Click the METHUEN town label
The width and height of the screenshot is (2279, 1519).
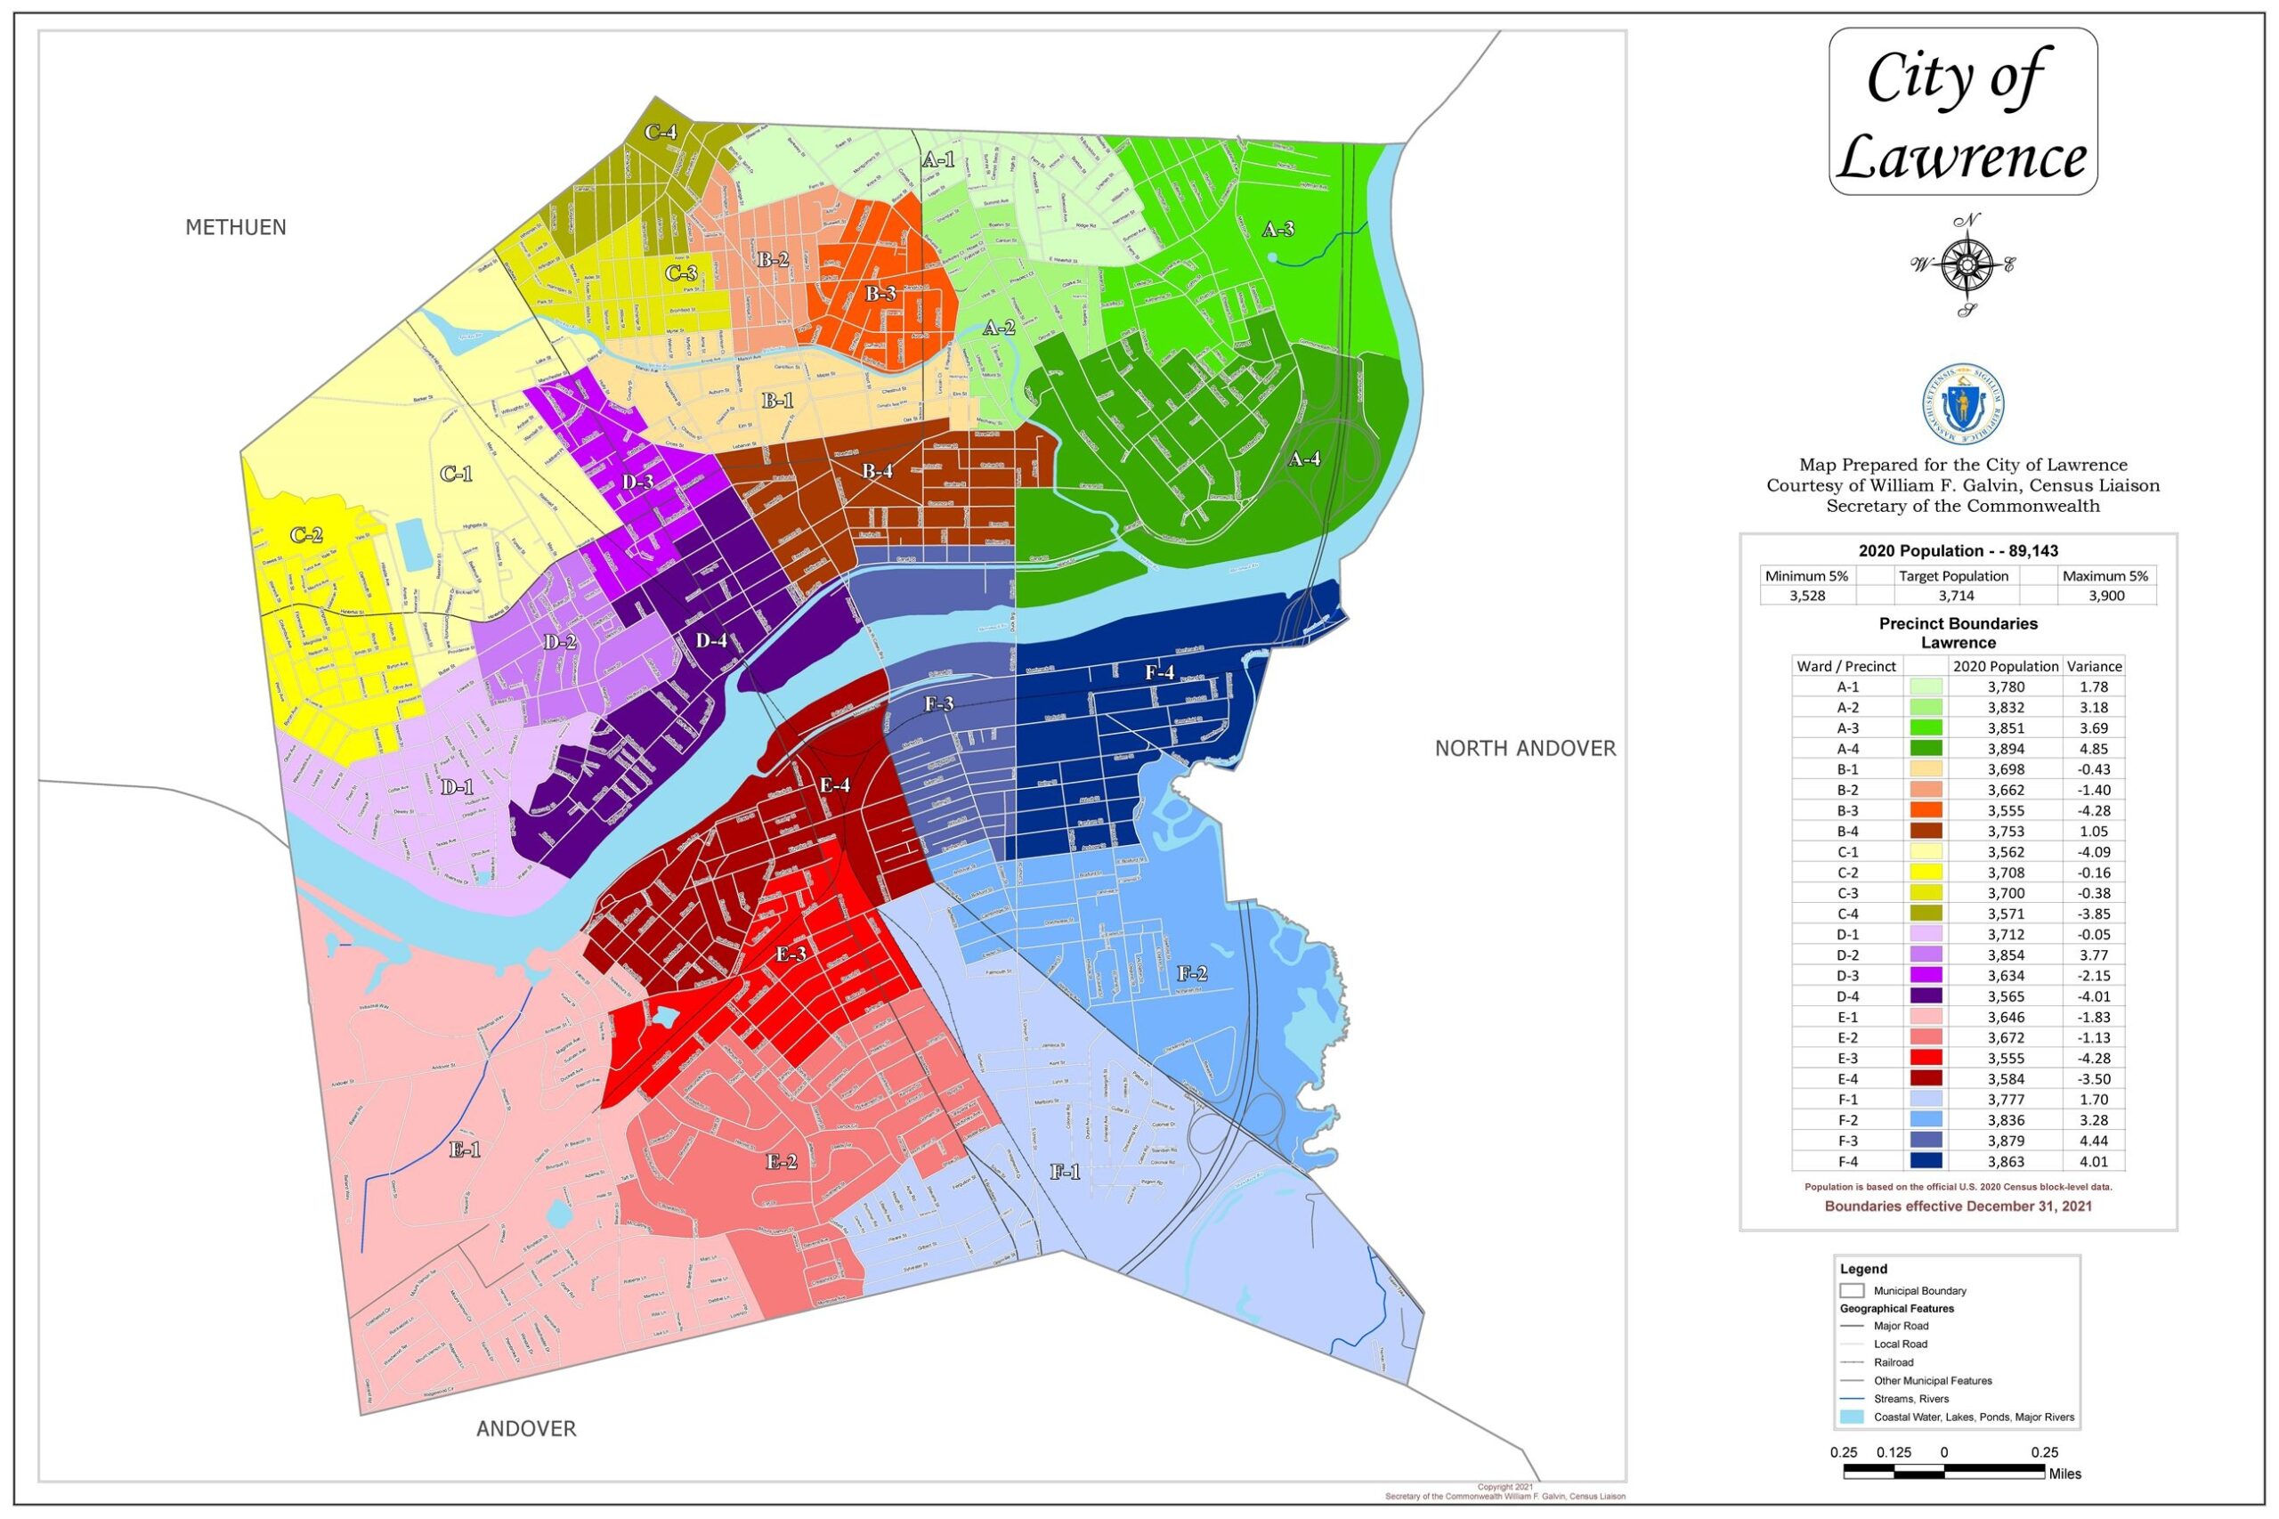click(x=235, y=228)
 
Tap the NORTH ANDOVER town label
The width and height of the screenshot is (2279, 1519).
click(x=1524, y=748)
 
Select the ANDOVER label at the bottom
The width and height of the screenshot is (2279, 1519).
click(x=526, y=1429)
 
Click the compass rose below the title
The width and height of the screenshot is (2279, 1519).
click(x=1965, y=264)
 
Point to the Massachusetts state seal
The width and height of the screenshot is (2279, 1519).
click(x=1963, y=405)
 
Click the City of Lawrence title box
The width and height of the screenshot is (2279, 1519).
click(x=1962, y=111)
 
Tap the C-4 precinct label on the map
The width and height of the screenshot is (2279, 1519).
click(x=661, y=133)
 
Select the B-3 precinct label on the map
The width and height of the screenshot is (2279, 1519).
click(x=880, y=294)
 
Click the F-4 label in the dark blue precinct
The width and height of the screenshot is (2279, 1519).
click(x=1159, y=672)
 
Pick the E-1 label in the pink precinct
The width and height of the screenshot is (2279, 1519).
click(x=465, y=1149)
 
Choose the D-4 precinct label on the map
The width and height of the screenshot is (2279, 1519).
click(x=711, y=640)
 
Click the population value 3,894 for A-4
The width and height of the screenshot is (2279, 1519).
click(x=2005, y=749)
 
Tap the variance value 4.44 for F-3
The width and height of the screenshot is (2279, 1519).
click(x=2093, y=1141)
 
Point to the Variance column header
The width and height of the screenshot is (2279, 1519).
click(x=2093, y=667)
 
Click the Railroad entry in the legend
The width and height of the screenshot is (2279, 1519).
click(x=1894, y=1362)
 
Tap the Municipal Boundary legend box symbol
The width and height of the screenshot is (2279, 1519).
click(x=1851, y=1291)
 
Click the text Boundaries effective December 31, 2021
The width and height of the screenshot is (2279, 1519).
click(x=1958, y=1206)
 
